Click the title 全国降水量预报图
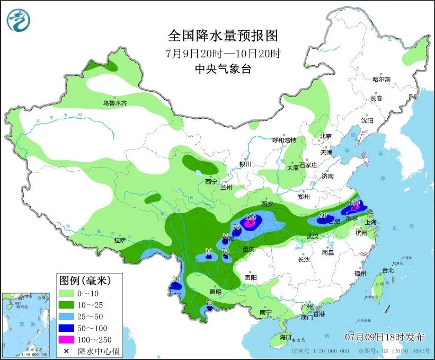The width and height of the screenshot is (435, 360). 223,36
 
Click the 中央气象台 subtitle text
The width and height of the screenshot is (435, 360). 223,69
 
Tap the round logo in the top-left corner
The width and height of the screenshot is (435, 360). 19,20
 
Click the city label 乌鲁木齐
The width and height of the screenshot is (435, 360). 115,103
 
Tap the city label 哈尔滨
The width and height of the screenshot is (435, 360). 381,80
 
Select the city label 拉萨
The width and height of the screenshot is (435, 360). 119,240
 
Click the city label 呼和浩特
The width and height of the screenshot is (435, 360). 284,140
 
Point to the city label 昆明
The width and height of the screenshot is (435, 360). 216,292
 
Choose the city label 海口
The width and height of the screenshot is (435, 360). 285,337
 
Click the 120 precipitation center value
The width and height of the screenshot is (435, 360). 251,217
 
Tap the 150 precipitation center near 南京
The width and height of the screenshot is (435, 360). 354,203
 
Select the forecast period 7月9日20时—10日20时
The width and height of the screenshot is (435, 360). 223,53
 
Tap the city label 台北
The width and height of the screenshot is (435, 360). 388,270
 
